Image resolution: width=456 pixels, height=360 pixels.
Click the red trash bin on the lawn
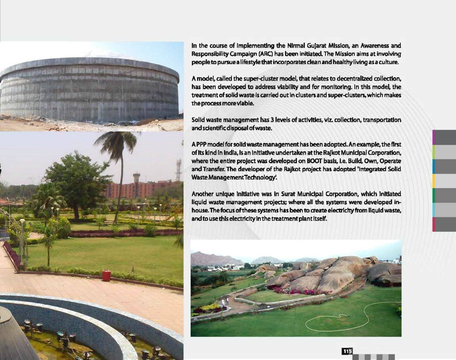pyautogui.click(x=106, y=276)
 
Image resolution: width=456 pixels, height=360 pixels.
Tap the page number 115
pyautogui.click(x=347, y=351)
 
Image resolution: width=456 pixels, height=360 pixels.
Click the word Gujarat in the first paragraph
pyautogui.click(x=306, y=46)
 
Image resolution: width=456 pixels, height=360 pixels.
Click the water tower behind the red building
pyautogui.click(x=137, y=178)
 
